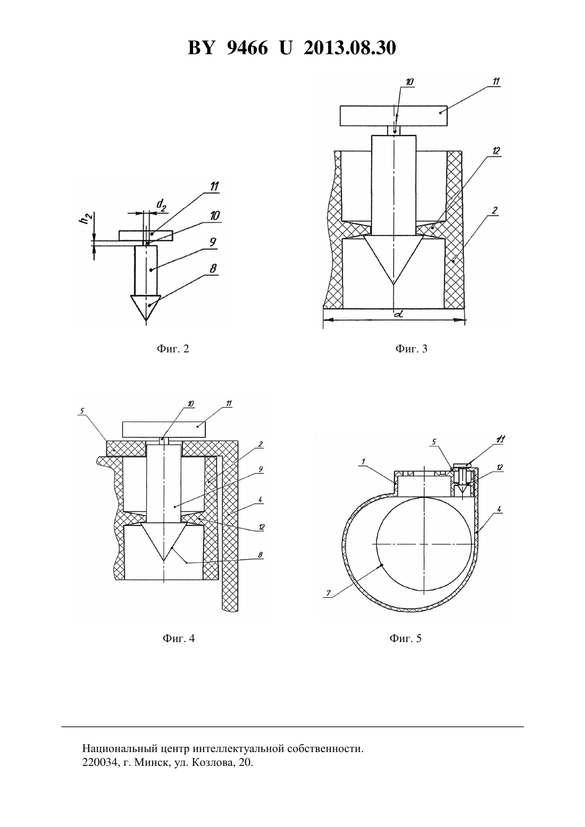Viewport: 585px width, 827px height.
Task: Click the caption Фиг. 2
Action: (x=173, y=349)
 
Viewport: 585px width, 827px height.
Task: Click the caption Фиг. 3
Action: (x=411, y=349)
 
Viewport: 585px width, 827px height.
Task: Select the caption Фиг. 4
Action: (x=178, y=638)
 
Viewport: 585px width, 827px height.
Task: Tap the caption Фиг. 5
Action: (x=405, y=638)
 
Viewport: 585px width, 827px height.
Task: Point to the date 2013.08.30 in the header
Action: (x=350, y=48)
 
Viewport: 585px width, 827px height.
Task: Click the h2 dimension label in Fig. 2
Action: (x=86, y=220)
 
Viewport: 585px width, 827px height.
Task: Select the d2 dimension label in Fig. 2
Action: (x=161, y=205)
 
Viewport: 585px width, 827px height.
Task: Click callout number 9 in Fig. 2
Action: (x=213, y=242)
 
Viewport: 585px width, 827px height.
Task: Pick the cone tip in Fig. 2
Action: (x=146, y=320)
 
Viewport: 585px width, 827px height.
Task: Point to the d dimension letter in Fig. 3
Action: (x=398, y=315)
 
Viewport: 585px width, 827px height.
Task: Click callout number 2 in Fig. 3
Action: (x=495, y=210)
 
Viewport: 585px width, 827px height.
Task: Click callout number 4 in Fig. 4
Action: (x=260, y=500)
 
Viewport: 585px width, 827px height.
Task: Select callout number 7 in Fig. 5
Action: (x=328, y=593)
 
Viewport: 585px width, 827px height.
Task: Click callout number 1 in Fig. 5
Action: (x=363, y=461)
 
